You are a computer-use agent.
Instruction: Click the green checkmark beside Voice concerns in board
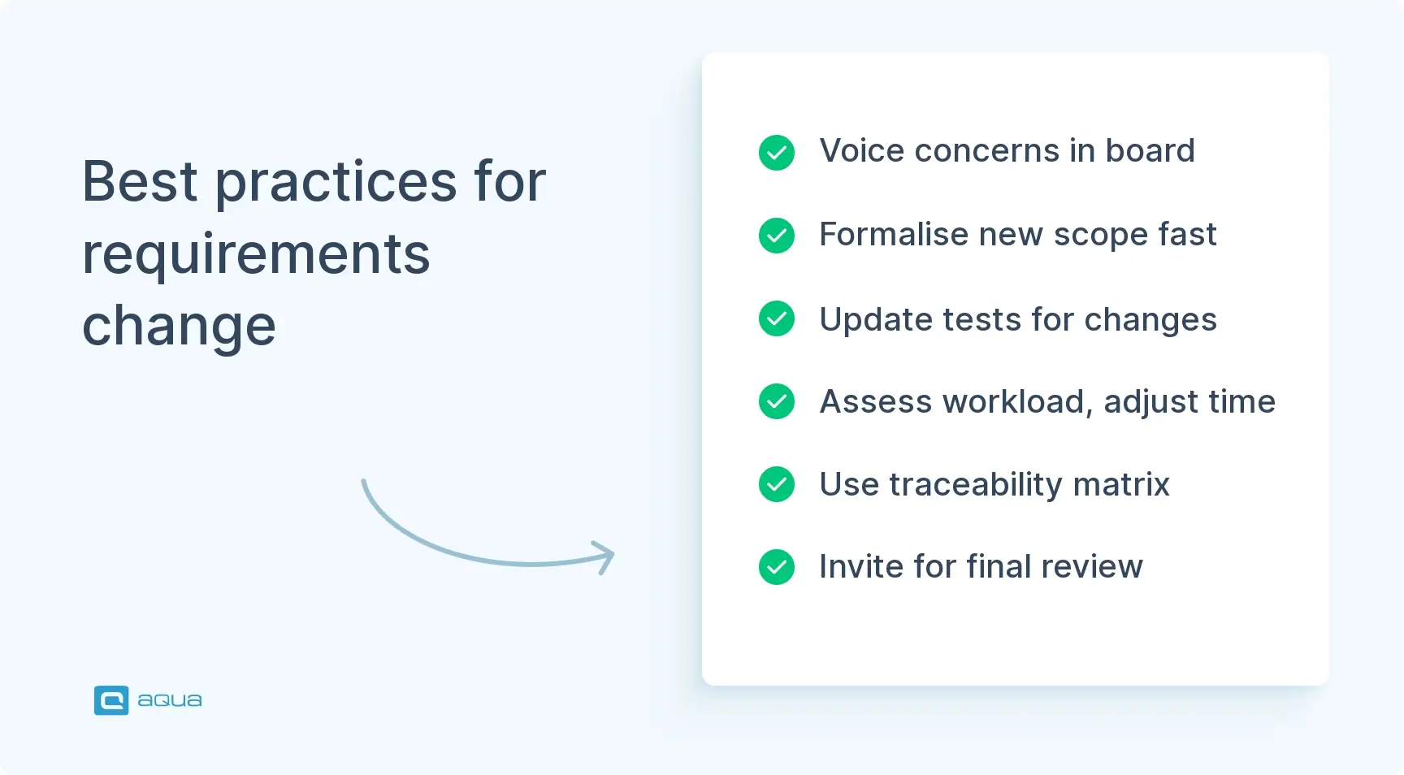(776, 153)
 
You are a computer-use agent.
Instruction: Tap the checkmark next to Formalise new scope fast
(776, 236)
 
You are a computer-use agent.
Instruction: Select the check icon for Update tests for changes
(776, 318)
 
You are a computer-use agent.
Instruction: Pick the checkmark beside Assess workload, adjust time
(776, 401)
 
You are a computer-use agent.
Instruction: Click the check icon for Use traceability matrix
(776, 484)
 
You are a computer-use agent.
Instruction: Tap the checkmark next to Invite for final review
(776, 567)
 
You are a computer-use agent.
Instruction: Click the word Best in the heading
(140, 181)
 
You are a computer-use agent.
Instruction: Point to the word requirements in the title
(256, 254)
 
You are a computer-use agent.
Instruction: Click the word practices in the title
(336, 183)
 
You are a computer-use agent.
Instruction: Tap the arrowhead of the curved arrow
(605, 556)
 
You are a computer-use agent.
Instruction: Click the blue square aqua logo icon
(111, 700)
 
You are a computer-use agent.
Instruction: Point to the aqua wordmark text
(169, 700)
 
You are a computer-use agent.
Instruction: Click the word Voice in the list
(861, 151)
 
